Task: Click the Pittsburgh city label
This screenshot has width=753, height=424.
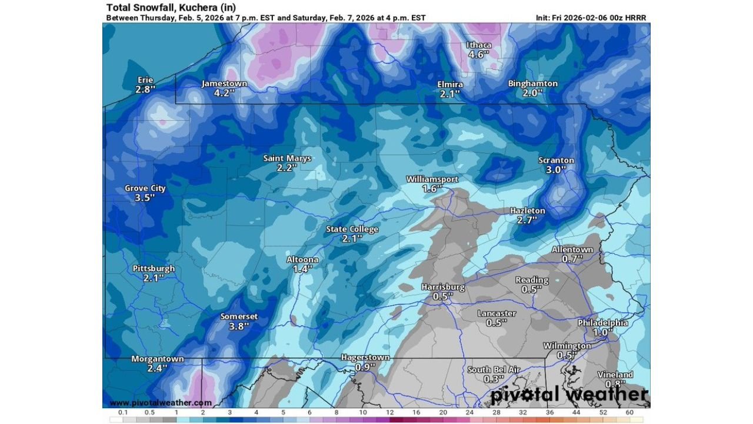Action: tap(154, 269)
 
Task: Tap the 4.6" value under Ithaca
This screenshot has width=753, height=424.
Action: tap(479, 55)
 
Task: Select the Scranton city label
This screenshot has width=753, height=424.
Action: tap(556, 160)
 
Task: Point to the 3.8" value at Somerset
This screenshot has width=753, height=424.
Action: tap(239, 326)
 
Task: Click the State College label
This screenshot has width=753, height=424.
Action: tap(352, 229)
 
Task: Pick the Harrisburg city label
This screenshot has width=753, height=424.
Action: tap(443, 287)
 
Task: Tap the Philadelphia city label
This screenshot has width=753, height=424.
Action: tap(602, 323)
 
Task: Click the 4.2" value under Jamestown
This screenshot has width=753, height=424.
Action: tap(224, 93)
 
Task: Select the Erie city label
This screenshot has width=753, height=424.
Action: tap(145, 80)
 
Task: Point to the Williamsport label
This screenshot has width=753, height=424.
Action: tap(432, 179)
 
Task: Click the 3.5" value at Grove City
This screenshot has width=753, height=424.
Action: tap(145, 198)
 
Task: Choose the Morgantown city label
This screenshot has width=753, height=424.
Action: tap(157, 359)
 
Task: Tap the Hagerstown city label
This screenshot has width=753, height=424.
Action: tap(365, 357)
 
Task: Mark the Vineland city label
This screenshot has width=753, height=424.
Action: tap(615, 375)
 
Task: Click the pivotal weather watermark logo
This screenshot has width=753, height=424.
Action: tap(569, 394)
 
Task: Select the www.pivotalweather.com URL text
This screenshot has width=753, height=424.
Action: tap(161, 403)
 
